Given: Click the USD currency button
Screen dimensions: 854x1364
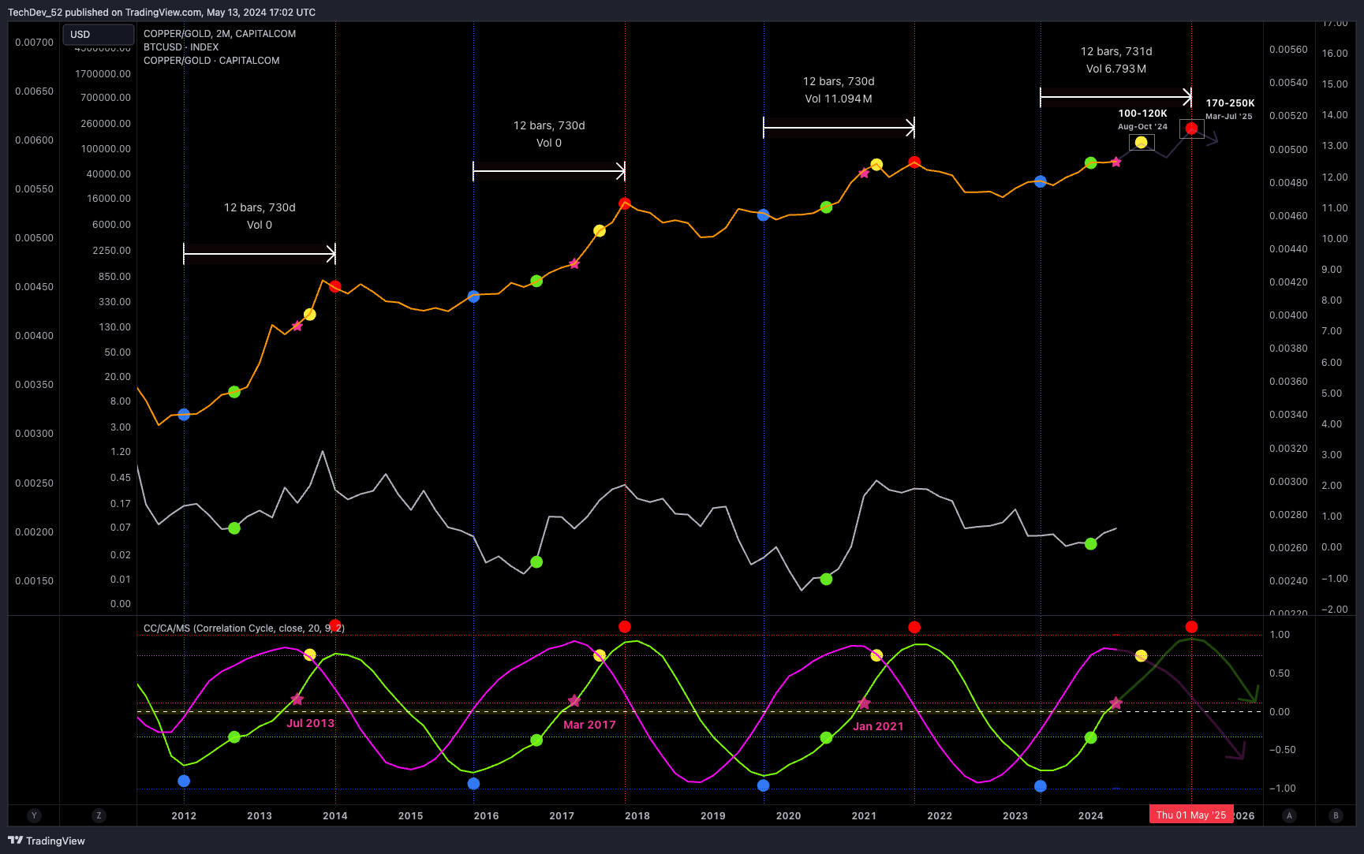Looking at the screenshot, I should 97,35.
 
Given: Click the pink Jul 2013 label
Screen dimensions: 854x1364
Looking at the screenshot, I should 310,723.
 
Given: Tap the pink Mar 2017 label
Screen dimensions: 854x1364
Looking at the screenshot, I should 589,725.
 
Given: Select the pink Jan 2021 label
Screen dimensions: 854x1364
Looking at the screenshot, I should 878,726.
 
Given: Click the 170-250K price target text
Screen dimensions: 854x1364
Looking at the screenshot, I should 1230,103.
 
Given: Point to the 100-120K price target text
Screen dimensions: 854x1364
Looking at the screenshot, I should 1142,114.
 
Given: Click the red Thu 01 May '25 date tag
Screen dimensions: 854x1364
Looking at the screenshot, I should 1190,815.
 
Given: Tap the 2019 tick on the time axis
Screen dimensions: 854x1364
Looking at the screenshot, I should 712,816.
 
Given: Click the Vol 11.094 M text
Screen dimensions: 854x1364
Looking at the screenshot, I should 838,99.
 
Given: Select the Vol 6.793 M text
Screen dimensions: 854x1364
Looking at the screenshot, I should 1115,69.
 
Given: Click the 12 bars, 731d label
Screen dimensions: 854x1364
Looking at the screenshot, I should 1115,51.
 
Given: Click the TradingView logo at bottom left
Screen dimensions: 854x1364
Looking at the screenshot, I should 47,841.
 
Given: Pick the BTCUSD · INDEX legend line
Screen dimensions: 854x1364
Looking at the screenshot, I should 181,47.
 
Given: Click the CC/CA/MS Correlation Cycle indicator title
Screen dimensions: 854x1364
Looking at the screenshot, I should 244,628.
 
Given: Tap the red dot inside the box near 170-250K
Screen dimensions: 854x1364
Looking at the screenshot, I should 1191,129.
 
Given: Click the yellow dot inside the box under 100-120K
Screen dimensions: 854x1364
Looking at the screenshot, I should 1141,143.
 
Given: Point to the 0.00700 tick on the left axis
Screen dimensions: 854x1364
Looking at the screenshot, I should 34,43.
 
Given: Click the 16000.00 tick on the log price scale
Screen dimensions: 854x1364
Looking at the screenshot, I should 109,199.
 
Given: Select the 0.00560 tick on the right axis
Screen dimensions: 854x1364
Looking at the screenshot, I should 1287,50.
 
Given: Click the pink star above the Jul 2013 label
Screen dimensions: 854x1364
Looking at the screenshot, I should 297,699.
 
